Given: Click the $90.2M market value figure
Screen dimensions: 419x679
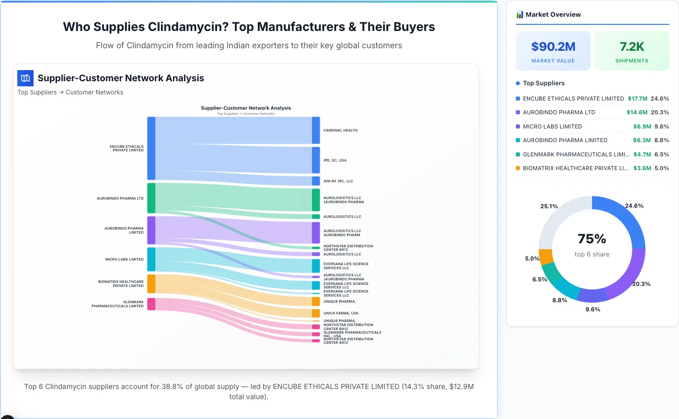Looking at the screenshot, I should [553, 47].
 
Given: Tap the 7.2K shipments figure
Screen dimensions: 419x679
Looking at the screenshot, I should [632, 47].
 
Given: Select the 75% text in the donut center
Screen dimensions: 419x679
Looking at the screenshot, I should [592, 239].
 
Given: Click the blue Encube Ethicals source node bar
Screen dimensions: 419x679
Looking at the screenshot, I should [151, 148].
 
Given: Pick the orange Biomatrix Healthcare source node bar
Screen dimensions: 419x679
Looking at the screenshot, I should [151, 283].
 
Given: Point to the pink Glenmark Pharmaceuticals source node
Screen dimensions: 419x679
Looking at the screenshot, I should [151, 304].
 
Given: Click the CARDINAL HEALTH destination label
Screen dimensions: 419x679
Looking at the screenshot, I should [341, 131].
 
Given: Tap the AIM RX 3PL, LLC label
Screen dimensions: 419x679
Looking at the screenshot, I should [338, 181].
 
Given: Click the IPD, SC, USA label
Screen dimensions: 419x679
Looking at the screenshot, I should [335, 160].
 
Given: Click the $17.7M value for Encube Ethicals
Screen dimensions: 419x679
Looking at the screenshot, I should [637, 99].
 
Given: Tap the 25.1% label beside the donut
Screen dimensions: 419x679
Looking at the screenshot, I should [549, 206].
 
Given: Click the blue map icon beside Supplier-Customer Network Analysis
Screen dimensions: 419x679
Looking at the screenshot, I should [25, 78].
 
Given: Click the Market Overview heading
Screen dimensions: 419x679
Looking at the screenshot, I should [553, 14].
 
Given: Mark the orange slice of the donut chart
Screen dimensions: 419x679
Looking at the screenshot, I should [546, 256].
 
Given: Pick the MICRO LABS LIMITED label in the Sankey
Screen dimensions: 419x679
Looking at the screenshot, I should [125, 260].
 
